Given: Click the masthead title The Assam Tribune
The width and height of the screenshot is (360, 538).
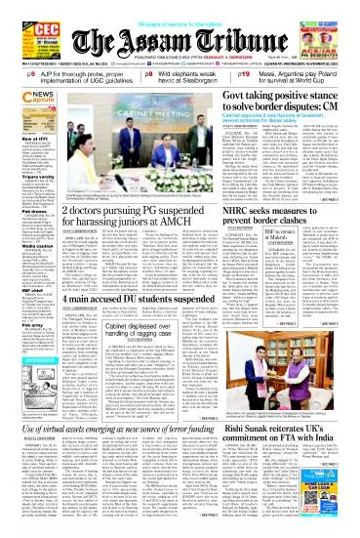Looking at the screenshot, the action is (x=180, y=41).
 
